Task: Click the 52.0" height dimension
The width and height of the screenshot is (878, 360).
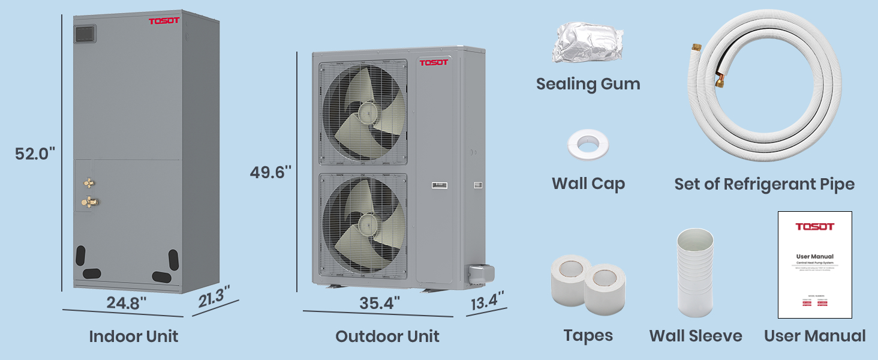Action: point(35,154)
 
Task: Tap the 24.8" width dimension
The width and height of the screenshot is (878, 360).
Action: point(127,303)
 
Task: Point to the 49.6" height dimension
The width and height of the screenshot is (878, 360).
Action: point(270,172)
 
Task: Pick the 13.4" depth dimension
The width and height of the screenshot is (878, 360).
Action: point(486,301)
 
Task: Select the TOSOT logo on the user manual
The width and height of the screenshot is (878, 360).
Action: point(814,227)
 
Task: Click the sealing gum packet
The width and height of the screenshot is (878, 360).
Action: point(587,43)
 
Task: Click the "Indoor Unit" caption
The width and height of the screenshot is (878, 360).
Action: point(133,336)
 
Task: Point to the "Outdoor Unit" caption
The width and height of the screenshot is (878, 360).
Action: point(387,336)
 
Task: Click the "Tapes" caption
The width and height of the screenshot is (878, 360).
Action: point(588,335)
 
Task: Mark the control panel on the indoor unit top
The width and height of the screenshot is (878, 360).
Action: point(85,34)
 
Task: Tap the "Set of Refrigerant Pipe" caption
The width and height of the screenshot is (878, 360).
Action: point(764,184)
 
